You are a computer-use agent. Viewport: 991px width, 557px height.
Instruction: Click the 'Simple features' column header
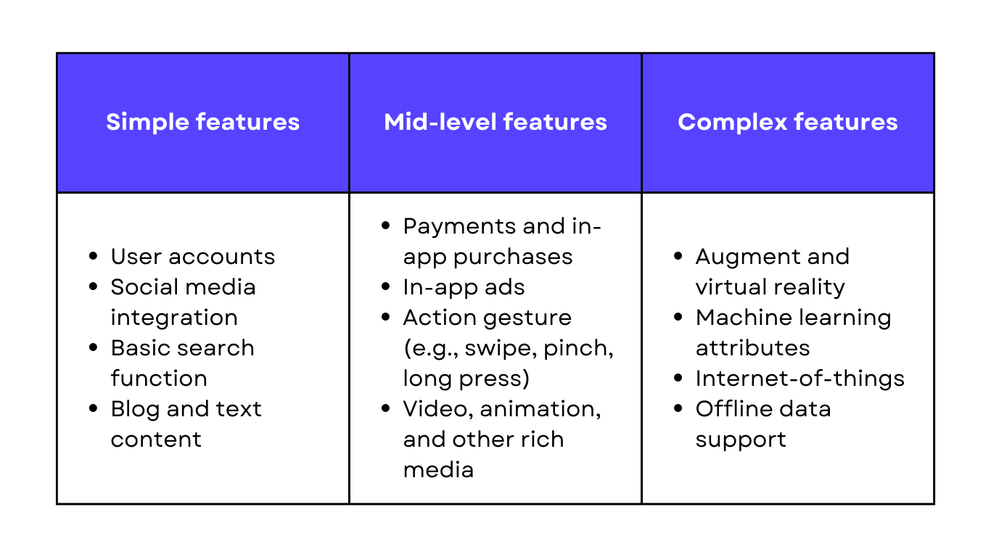202,122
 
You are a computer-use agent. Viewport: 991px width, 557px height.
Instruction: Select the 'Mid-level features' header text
495,122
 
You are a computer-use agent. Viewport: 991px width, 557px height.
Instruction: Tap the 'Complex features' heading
788,122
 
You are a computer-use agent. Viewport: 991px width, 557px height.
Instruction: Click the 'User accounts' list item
192,257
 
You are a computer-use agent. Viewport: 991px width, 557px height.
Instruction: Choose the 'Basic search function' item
182,348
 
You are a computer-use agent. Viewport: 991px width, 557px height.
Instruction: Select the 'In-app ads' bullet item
464,287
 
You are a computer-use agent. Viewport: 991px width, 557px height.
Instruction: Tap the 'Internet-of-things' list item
799,379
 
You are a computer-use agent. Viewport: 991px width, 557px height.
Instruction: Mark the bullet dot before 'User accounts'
93,257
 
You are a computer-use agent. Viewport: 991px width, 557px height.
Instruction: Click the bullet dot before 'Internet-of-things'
678,379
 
